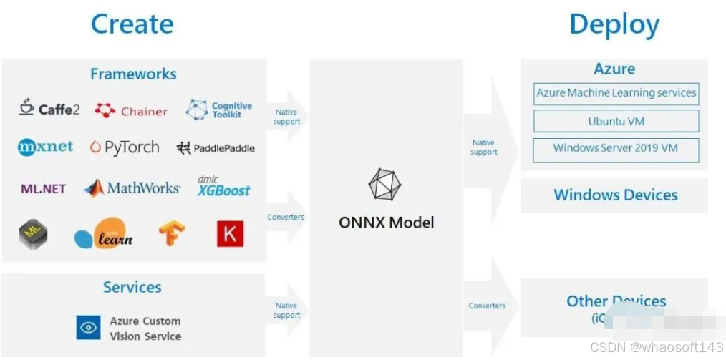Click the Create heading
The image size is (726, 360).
(132, 24)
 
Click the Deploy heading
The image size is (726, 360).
(614, 25)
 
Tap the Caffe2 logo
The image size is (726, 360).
(49, 109)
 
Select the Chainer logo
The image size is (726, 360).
(131, 111)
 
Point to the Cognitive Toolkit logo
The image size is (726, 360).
(218, 110)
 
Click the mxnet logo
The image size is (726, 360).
(45, 147)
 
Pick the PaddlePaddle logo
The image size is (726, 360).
(216, 148)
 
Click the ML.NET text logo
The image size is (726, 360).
(43, 189)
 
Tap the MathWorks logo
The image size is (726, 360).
(132, 188)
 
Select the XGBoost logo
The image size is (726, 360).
(224, 187)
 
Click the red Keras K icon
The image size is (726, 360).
(230, 233)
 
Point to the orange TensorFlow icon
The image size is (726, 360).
(173, 233)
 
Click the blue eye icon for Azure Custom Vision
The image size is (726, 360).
(89, 328)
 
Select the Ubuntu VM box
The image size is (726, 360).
(616, 121)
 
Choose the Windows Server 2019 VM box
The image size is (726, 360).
(616, 149)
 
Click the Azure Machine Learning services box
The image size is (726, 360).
(616, 93)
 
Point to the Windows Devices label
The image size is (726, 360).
(615, 195)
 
